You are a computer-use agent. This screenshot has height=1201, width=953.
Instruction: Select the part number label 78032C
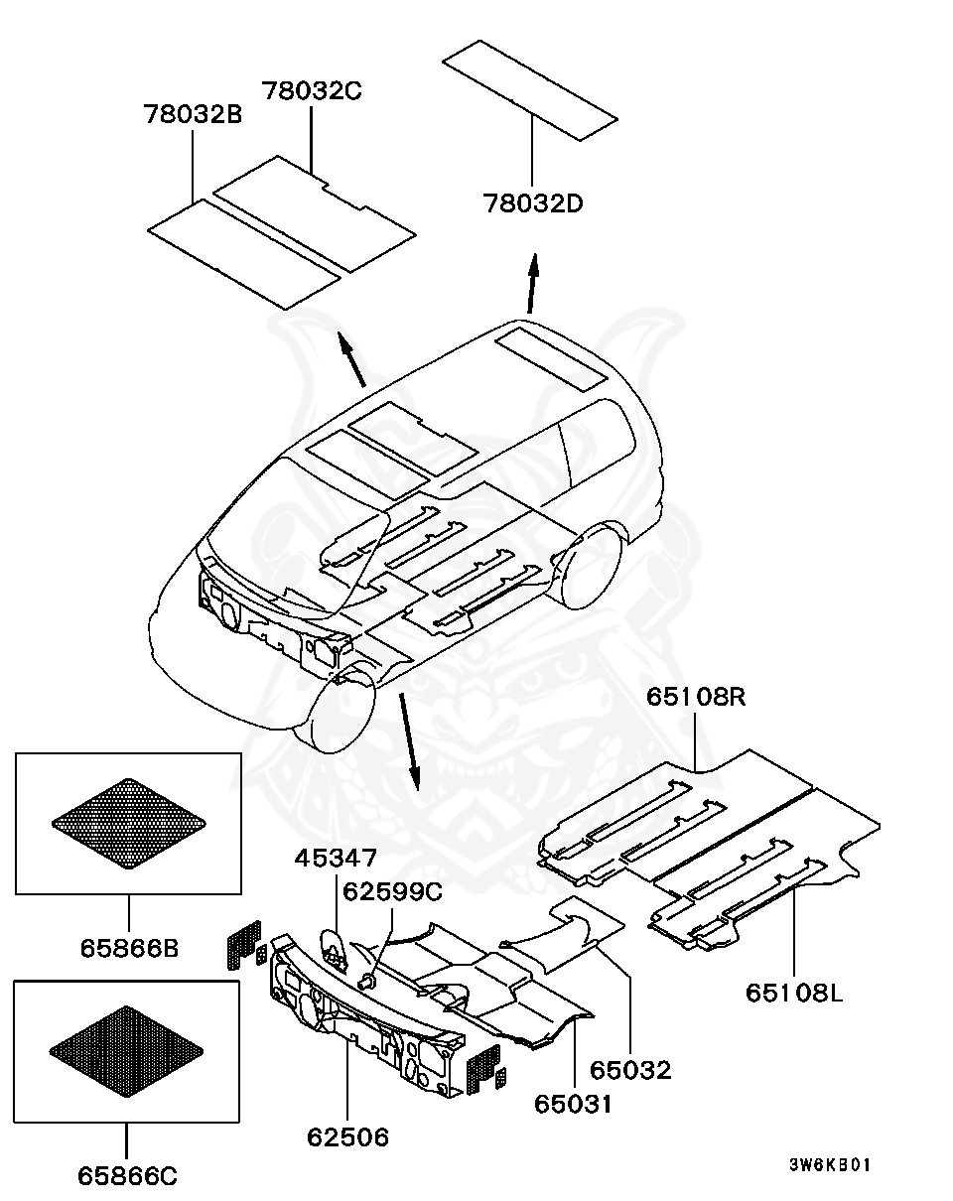pyautogui.click(x=312, y=91)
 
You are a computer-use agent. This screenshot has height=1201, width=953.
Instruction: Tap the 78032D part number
pyautogui.click(x=533, y=204)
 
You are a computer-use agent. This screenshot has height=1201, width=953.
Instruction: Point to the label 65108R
pyautogui.click(x=696, y=697)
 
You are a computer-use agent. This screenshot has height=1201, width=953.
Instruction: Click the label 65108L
pyautogui.click(x=794, y=992)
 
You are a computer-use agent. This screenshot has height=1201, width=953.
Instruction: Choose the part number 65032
pyautogui.click(x=631, y=1070)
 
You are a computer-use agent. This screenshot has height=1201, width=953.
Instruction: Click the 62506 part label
pyautogui.click(x=347, y=1137)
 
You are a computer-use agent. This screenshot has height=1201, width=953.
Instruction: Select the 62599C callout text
pyautogui.click(x=392, y=891)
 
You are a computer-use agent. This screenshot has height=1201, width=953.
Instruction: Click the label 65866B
pyautogui.click(x=129, y=948)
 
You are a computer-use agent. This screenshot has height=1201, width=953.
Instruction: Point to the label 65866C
pyautogui.click(x=127, y=1176)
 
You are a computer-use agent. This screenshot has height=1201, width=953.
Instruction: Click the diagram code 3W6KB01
pyautogui.click(x=830, y=1165)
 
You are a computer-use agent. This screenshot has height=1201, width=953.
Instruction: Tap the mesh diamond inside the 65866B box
pyautogui.click(x=129, y=823)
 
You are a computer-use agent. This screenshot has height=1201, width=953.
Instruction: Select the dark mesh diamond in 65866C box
pyautogui.click(x=126, y=1052)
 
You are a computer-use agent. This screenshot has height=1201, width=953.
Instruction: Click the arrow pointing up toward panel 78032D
pyautogui.click(x=532, y=283)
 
